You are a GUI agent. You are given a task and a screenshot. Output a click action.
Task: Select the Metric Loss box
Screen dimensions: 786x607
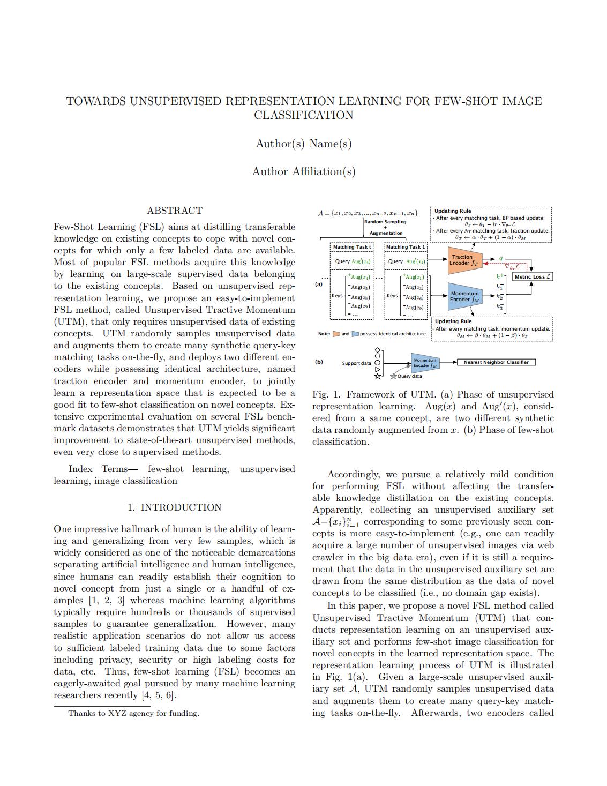(x=533, y=276)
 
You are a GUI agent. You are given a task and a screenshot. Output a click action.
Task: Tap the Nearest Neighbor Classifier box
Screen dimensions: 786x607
(x=496, y=362)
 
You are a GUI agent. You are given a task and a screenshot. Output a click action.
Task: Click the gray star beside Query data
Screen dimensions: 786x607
(x=393, y=376)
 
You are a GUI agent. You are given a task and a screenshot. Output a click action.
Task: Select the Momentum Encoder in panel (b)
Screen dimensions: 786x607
(x=425, y=363)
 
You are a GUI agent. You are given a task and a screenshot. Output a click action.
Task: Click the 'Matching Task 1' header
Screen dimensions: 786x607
(x=406, y=247)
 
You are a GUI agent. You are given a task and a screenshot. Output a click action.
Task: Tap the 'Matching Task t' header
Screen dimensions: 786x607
(x=351, y=247)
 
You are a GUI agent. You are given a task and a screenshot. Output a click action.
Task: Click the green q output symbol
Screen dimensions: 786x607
(x=501, y=258)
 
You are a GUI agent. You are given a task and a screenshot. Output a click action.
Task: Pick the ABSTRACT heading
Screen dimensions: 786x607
(x=175, y=211)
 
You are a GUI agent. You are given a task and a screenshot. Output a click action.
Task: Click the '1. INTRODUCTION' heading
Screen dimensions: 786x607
(x=174, y=507)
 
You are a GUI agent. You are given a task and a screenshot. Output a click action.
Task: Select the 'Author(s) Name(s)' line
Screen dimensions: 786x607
(x=303, y=144)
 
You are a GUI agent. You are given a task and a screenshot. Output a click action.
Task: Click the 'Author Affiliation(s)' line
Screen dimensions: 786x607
(x=303, y=171)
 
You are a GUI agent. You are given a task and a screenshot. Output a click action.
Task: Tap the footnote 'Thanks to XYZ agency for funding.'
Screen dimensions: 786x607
(x=133, y=713)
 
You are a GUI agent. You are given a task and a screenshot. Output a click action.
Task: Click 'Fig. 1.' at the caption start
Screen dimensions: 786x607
(x=326, y=394)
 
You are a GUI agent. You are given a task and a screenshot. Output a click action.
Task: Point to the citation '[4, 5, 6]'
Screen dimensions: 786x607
(x=158, y=695)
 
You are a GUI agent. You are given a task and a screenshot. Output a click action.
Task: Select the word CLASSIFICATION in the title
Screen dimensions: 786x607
(x=303, y=115)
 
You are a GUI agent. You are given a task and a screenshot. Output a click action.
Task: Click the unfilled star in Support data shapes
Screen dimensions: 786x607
(x=377, y=376)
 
